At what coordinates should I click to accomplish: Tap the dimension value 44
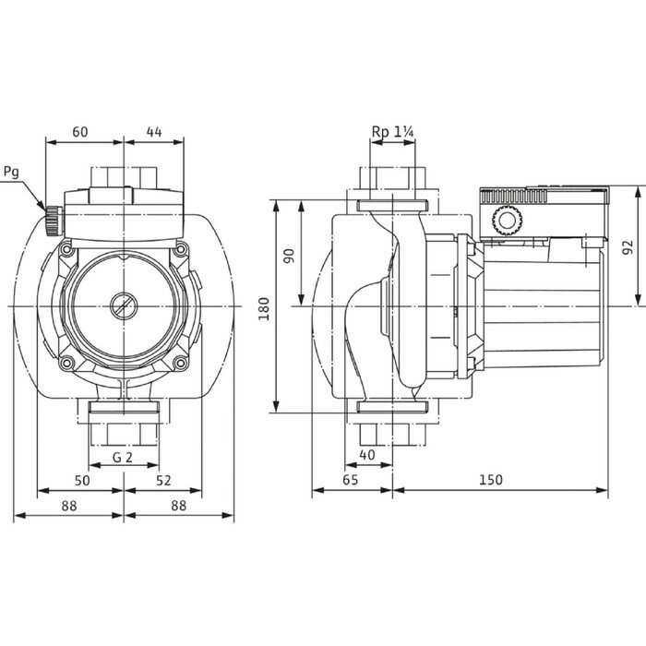(x=153, y=132)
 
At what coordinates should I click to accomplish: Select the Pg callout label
(x=11, y=172)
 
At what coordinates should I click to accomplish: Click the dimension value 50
(x=82, y=481)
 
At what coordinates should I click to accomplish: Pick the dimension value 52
(x=163, y=481)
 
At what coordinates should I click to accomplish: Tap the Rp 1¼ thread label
(x=391, y=133)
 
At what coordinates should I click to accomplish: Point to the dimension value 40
(x=368, y=455)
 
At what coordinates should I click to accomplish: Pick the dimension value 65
(x=351, y=480)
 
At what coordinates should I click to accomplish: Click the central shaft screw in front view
(x=123, y=305)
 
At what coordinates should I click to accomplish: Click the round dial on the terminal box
(x=506, y=222)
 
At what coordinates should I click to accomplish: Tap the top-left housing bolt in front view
(x=66, y=250)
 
